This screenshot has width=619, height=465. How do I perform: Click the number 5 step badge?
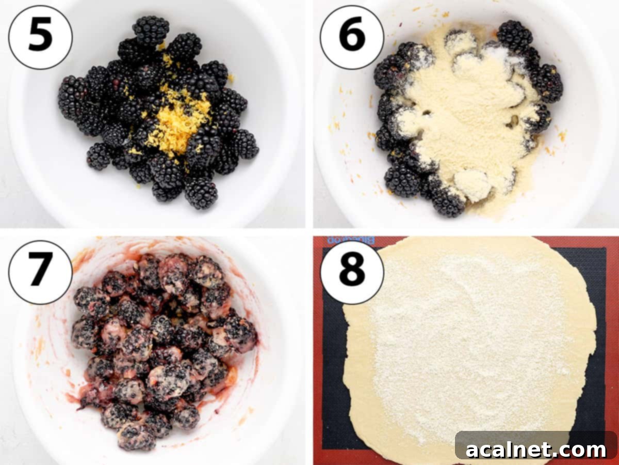tap(40, 37)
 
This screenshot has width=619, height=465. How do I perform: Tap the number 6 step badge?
tap(352, 37)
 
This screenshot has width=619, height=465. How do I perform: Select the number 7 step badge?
tap(40, 272)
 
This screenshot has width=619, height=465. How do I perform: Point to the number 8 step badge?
tap(352, 272)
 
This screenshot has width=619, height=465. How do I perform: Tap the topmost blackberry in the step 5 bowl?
tap(150, 29)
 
